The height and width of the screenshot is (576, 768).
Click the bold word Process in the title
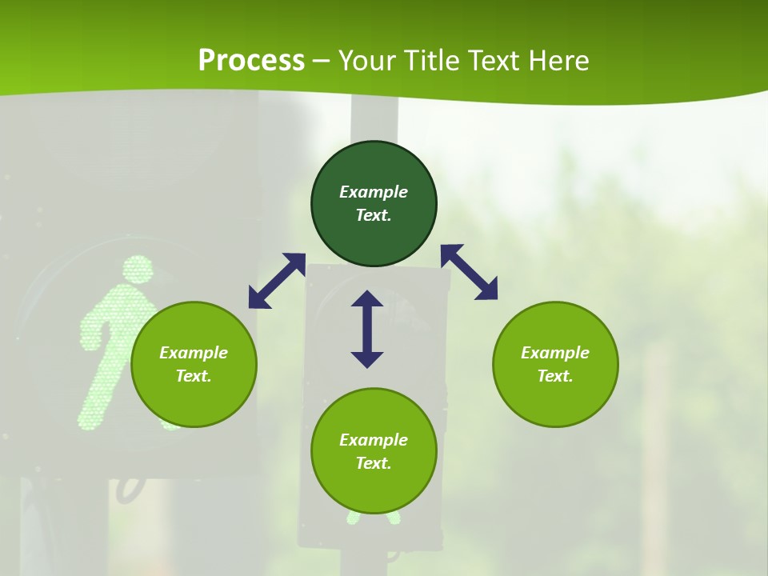tap(251, 61)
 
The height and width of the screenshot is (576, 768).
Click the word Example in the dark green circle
tap(374, 192)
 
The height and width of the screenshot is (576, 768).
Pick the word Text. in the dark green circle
tap(374, 215)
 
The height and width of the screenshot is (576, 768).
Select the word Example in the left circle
tap(194, 353)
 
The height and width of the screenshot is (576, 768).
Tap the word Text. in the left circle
tap(194, 376)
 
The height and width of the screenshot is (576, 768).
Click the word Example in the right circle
tap(555, 353)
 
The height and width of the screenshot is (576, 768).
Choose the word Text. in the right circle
tap(555, 376)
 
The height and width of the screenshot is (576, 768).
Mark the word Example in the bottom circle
tap(374, 440)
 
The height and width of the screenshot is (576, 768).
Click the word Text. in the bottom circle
tap(374, 463)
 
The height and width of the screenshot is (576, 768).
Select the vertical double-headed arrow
tap(367, 329)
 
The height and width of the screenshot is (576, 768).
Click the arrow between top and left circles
tap(277, 281)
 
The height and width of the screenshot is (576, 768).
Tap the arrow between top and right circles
tap(470, 272)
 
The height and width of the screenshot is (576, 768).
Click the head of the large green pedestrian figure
tap(138, 270)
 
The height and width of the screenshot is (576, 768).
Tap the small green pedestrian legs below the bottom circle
tap(372, 518)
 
